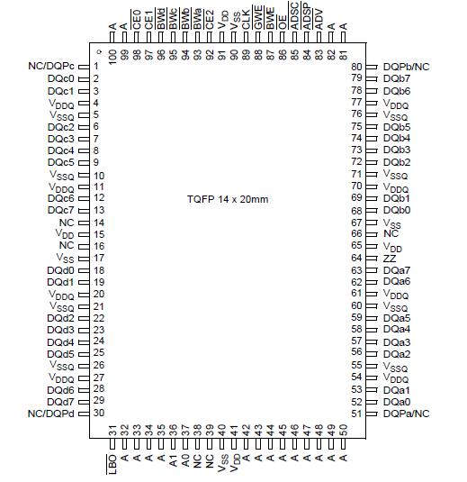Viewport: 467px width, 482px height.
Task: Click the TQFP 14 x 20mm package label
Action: click(229, 198)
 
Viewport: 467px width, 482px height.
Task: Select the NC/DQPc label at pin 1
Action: click(50, 67)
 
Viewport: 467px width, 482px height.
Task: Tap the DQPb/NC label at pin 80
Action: click(406, 67)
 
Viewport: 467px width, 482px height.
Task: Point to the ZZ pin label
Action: click(390, 258)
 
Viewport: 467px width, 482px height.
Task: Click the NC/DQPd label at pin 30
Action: click(50, 413)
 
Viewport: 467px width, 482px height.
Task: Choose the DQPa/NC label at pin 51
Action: click(406, 413)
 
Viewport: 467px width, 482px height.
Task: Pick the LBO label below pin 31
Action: click(112, 465)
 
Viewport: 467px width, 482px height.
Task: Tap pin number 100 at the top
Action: click(112, 56)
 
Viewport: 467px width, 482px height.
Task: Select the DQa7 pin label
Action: click(397, 270)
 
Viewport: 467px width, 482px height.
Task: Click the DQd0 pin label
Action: click(61, 270)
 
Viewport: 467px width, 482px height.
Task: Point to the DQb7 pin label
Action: click(397, 79)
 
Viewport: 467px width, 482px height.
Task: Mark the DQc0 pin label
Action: click(61, 79)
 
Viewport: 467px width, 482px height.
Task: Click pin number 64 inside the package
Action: click(356, 258)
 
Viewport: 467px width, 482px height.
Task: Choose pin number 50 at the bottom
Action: click(344, 429)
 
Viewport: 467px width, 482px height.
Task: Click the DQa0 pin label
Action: click(397, 402)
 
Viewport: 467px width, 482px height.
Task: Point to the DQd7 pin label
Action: click(61, 401)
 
